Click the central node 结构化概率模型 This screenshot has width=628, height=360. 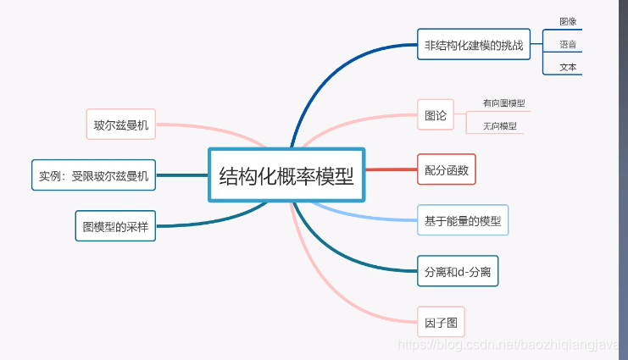[x=287, y=175]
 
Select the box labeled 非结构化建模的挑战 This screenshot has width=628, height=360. [x=473, y=44]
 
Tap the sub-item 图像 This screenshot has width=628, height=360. [x=568, y=21]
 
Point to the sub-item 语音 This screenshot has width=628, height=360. [x=568, y=44]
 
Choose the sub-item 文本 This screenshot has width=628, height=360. [x=568, y=66]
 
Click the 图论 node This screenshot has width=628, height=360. [x=436, y=115]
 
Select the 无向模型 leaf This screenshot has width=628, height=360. [x=499, y=126]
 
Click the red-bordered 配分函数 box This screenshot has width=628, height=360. [x=447, y=169]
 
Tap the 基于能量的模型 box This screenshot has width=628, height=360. [x=463, y=220]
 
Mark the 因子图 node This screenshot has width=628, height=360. [x=441, y=322]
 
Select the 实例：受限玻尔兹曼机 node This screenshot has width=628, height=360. [x=93, y=175]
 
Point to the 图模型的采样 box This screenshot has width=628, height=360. [x=115, y=226]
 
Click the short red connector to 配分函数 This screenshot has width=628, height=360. [x=391, y=169]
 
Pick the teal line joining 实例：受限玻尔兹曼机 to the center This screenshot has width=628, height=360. [x=181, y=175]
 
